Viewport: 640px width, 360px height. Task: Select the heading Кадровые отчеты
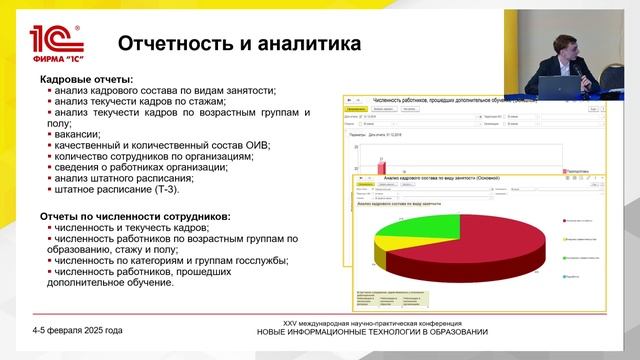(86, 79)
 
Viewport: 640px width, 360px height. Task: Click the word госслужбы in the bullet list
(256, 260)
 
